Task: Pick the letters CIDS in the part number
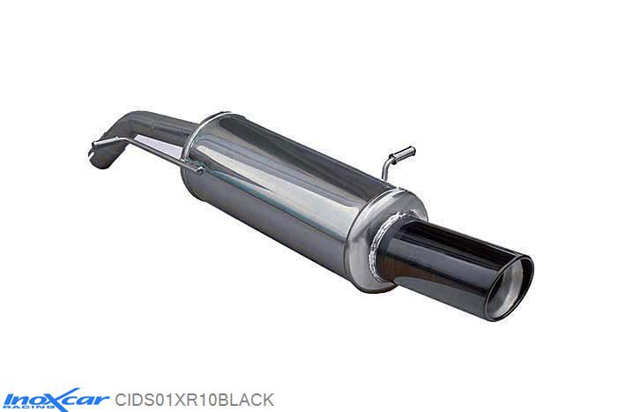tap(135, 399)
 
